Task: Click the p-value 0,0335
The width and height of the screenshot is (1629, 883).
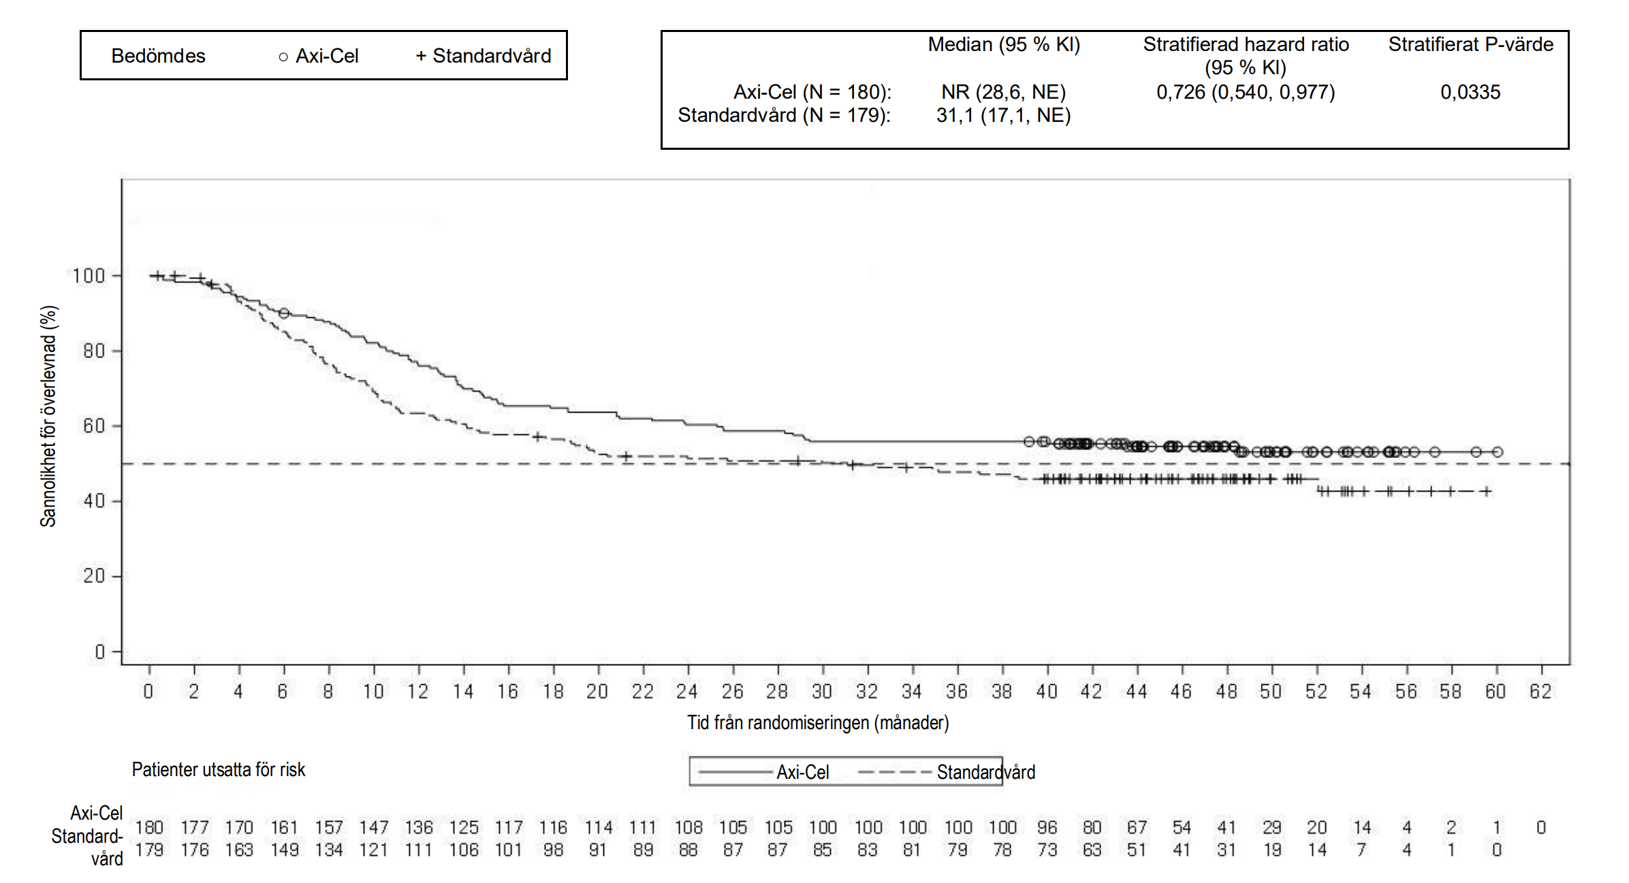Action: pyautogui.click(x=1470, y=92)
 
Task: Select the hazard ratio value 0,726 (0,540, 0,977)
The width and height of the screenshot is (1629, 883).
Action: pyautogui.click(x=1246, y=92)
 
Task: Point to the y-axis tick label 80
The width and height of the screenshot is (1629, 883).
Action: pyautogui.click(x=93, y=351)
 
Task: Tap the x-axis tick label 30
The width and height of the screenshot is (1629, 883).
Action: pyautogui.click(x=822, y=692)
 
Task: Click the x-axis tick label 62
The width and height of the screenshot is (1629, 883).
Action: pyautogui.click(x=1540, y=692)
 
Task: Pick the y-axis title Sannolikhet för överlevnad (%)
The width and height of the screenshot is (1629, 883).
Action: pyautogui.click(x=48, y=416)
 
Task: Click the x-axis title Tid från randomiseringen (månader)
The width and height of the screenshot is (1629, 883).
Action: pyautogui.click(x=817, y=722)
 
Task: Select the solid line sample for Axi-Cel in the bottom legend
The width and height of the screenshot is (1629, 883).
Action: pyautogui.click(x=736, y=772)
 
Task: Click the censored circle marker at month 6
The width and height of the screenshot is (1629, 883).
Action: pyautogui.click(x=284, y=313)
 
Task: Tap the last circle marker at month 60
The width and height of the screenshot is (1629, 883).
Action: pyautogui.click(x=1497, y=452)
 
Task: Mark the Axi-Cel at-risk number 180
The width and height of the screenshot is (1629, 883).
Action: pyautogui.click(x=149, y=827)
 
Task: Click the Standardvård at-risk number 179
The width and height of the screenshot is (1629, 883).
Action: pyautogui.click(x=149, y=850)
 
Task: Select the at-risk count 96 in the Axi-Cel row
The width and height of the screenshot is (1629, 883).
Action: pyautogui.click(x=1047, y=827)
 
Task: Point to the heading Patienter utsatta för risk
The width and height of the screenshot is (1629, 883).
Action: pyautogui.click(x=218, y=770)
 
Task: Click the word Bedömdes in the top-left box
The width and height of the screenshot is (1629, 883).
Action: pyautogui.click(x=158, y=56)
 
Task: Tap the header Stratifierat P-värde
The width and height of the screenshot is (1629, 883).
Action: pyautogui.click(x=1471, y=45)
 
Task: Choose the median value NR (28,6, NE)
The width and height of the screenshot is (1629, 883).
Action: pyautogui.click(x=1003, y=92)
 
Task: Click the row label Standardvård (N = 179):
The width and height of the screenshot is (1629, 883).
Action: pyautogui.click(x=784, y=115)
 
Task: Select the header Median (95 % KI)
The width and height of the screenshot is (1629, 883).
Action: pyautogui.click(x=1004, y=45)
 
